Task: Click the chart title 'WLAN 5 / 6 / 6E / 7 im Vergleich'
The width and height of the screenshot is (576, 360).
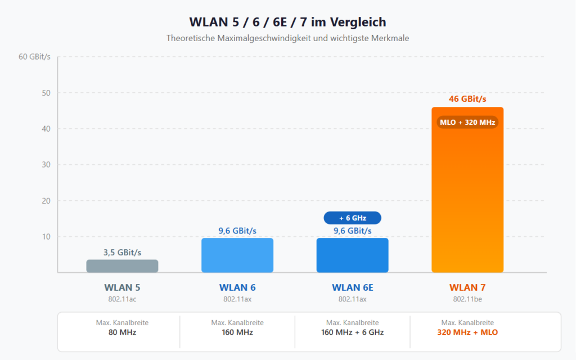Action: (287, 22)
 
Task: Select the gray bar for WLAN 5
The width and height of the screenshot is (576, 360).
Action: (122, 265)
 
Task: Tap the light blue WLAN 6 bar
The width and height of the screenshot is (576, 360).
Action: (237, 255)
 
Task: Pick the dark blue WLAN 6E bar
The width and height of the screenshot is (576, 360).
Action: (352, 255)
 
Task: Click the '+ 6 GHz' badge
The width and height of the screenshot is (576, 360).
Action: (352, 218)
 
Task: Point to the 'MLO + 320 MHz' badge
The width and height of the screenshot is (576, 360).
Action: (467, 122)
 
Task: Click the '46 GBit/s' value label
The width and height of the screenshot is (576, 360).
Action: (467, 99)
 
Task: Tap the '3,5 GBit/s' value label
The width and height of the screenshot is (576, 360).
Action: (122, 253)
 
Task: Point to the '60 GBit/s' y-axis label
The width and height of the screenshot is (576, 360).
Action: (35, 57)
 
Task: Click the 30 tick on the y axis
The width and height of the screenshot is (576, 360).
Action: (46, 165)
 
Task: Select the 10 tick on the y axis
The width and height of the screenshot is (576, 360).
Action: (46, 237)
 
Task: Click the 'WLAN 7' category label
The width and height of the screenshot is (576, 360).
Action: (467, 287)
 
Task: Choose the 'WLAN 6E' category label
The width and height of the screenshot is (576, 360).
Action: (352, 287)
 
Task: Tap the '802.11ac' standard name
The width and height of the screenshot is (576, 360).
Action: (122, 299)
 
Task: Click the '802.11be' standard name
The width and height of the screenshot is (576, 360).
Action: (467, 299)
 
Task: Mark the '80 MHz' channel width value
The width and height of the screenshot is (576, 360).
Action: (122, 332)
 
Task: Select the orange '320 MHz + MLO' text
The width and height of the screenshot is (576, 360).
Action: (467, 332)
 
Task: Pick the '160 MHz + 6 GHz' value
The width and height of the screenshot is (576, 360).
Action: (352, 332)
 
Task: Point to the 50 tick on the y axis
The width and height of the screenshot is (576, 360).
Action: (46, 93)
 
